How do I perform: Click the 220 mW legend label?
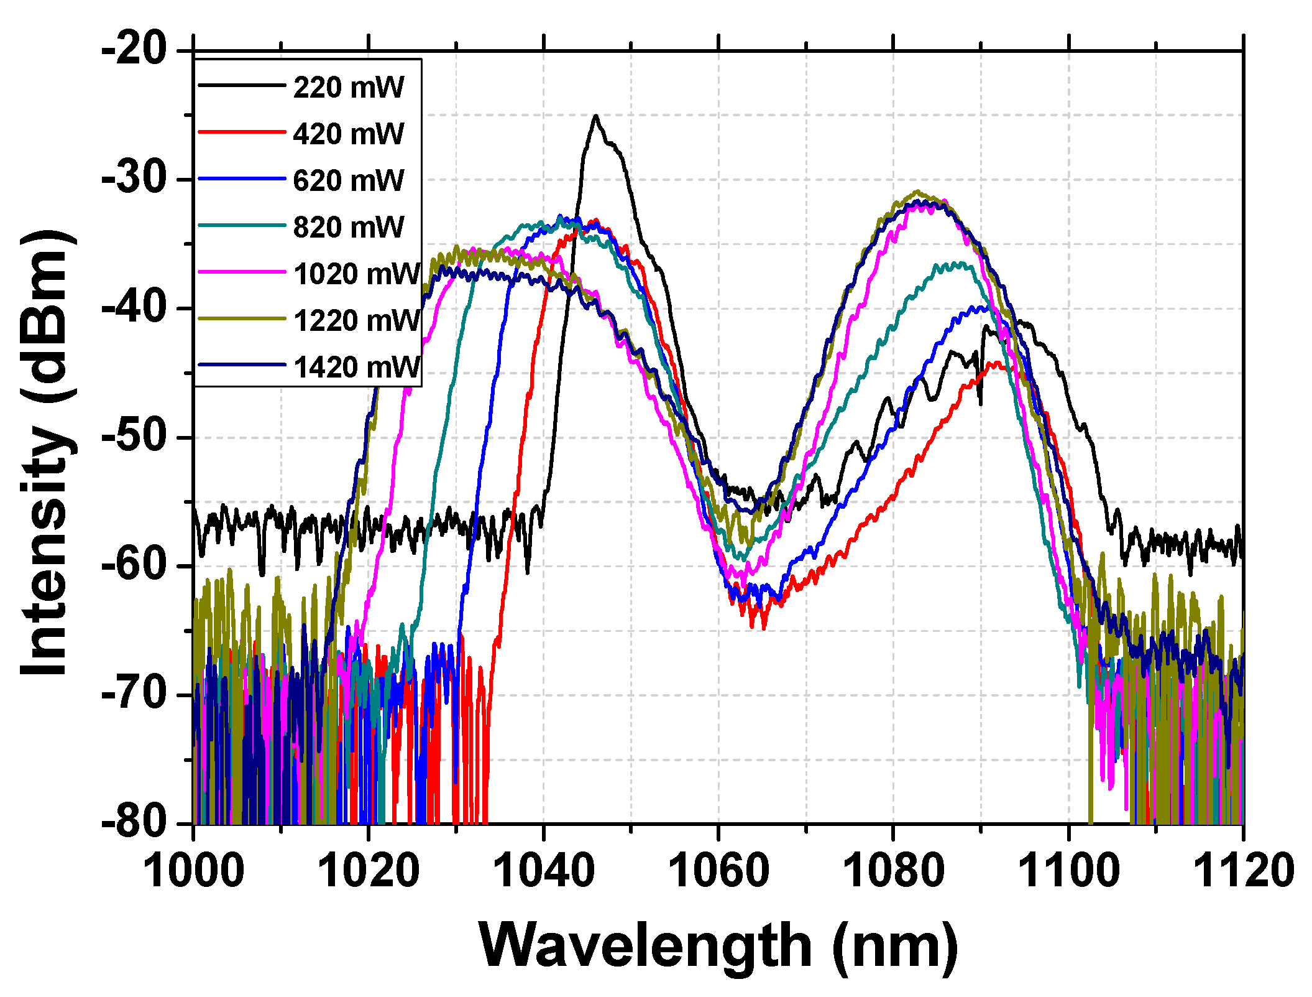coord(348,87)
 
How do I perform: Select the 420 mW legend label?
coord(348,134)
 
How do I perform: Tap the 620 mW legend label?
coord(348,180)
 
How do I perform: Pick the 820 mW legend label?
coord(348,227)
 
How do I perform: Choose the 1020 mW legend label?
coord(356,274)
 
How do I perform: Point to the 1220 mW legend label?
coord(356,320)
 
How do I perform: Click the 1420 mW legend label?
coord(356,367)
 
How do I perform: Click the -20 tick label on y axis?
coord(135,50)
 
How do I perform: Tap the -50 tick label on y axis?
coord(135,437)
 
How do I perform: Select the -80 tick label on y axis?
coord(135,823)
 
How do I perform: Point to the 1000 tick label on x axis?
coord(194,871)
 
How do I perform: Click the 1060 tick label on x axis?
coord(719,871)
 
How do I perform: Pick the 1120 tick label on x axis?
coord(1243,871)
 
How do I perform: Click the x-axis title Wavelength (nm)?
coord(719,945)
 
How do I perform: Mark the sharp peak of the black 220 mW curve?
coord(596,116)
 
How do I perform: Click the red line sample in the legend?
coord(241,132)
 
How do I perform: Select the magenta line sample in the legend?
coord(241,272)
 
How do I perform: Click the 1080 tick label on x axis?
coord(894,871)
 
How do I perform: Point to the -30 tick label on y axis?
coord(135,179)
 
